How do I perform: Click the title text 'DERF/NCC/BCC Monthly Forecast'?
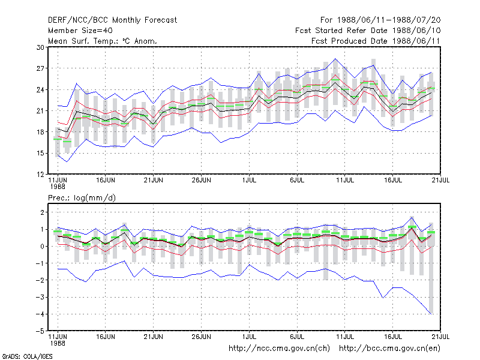pos(112,20)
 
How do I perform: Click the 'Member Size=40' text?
pos(80,31)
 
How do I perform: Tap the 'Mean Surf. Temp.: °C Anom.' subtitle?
pos(102,41)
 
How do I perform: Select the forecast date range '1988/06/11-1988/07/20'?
pos(389,20)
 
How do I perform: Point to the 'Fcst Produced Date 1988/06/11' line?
pos(376,41)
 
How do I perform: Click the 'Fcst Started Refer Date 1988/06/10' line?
pos(368,31)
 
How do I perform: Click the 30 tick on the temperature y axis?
pos(40,47)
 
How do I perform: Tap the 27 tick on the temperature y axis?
pos(40,68)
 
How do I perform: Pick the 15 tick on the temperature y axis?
pos(40,153)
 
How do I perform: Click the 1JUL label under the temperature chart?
pos(249,180)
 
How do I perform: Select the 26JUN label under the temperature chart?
pos(201,180)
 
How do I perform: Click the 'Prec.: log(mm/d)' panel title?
pos(82,198)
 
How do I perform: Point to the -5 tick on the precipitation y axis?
pos(40,331)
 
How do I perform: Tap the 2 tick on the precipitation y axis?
pos(42,212)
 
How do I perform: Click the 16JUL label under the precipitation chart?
pos(393,337)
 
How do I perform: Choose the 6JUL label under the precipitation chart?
pos(297,337)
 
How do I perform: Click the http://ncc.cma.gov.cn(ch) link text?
pos(279,349)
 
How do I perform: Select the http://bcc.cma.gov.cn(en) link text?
pos(389,349)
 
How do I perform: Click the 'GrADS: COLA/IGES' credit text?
pos(27,356)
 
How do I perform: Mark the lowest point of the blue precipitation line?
pos(431,314)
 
